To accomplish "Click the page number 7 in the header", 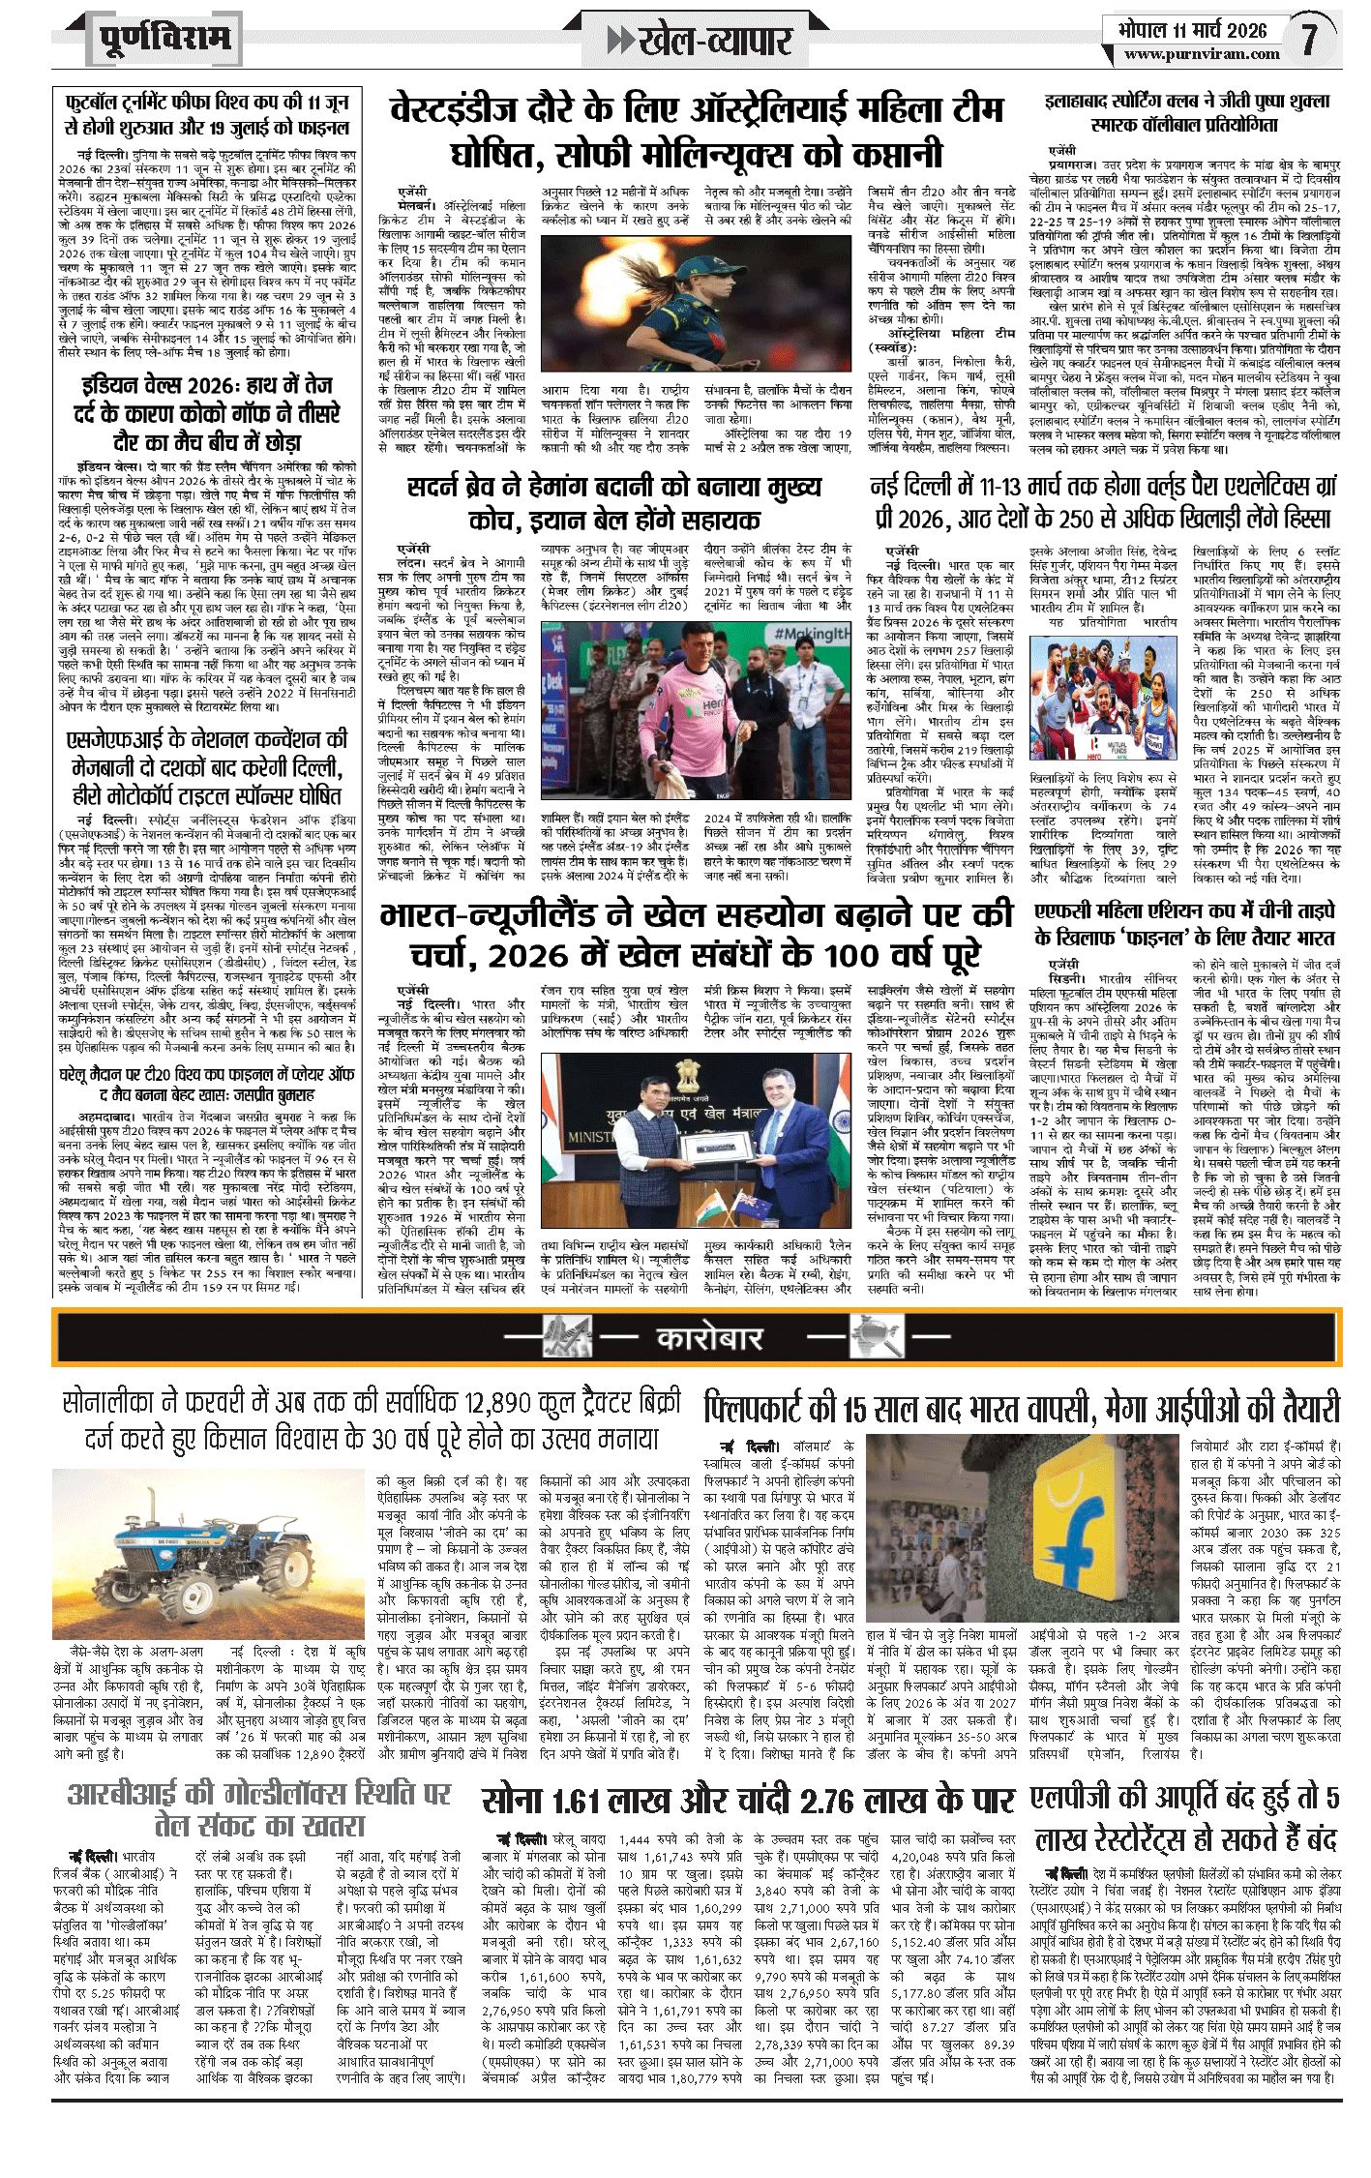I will click(1309, 39).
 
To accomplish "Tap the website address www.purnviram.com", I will click(1201, 54).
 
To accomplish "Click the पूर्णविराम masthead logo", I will click(165, 40).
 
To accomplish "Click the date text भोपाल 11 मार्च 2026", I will click(1192, 29).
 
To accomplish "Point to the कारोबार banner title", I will click(709, 1338).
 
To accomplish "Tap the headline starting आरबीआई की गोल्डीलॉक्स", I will click(259, 1809).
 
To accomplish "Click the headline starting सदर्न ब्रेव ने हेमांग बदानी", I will click(614, 503).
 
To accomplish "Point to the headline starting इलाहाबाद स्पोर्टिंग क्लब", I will click(1186, 112).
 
